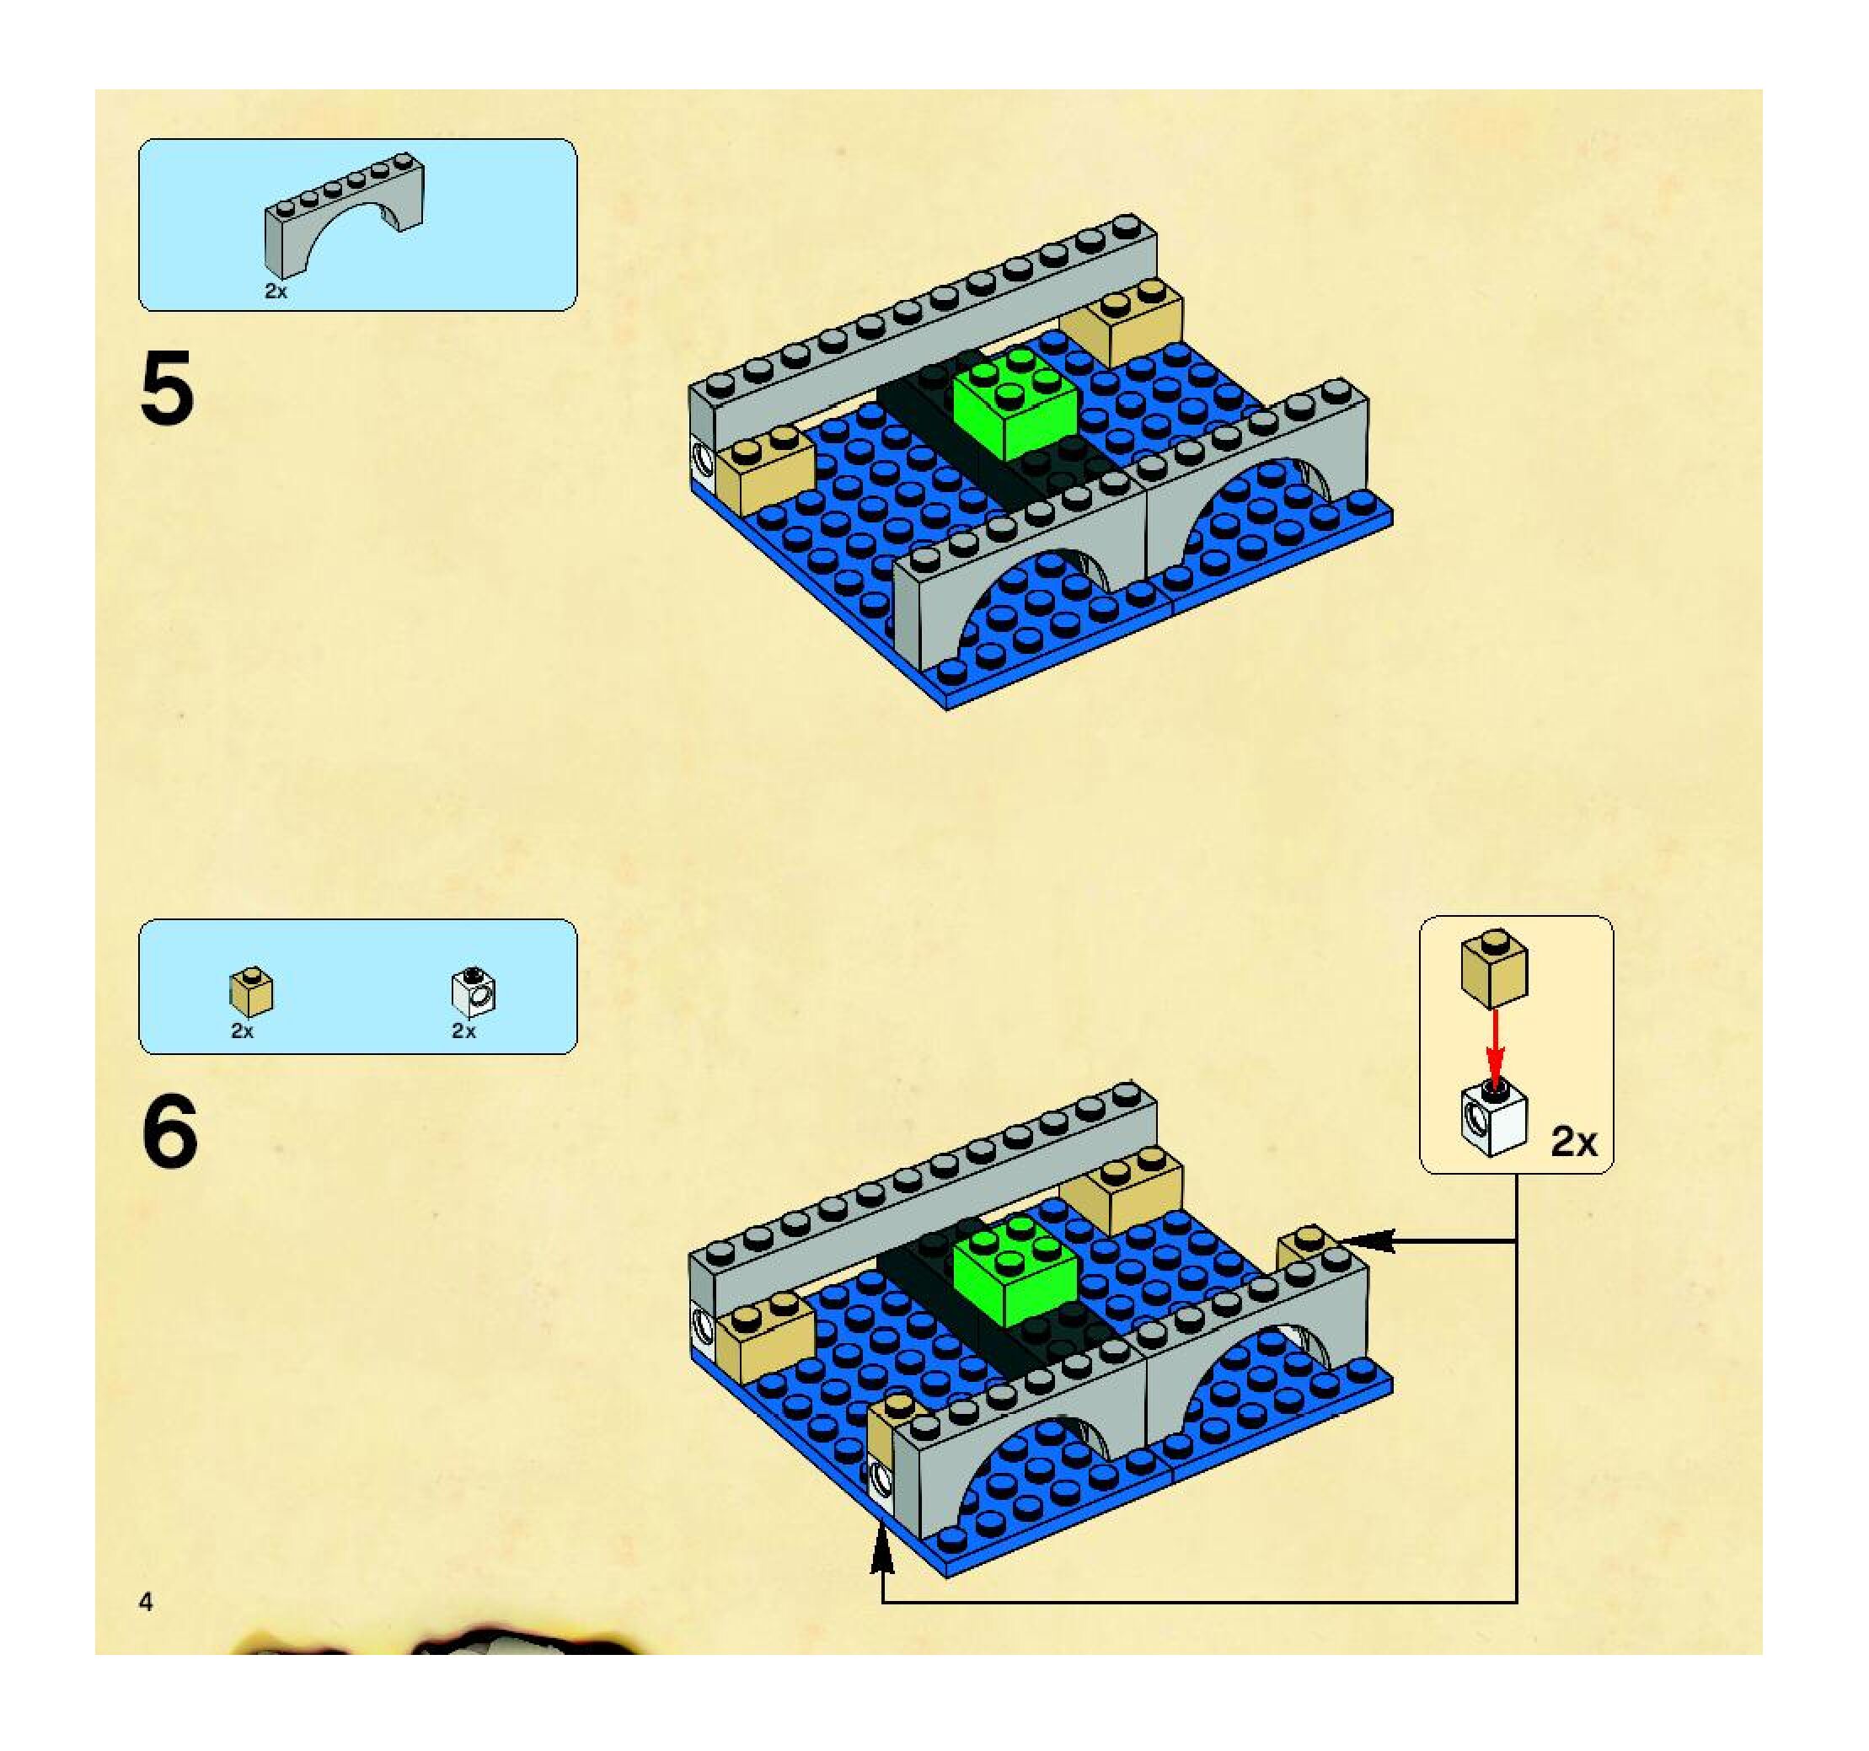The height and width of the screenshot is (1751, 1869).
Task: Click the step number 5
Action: [168, 388]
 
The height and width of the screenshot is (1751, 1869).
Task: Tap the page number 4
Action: [146, 1602]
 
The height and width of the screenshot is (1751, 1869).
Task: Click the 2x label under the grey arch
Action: [276, 292]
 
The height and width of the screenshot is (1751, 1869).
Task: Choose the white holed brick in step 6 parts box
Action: [474, 993]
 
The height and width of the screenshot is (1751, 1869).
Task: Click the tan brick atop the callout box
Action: [1494, 968]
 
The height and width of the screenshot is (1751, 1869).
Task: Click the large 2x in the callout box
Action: [1574, 1141]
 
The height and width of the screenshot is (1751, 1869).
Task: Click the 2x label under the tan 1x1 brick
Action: [243, 1031]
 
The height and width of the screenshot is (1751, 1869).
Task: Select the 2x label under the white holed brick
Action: [463, 1031]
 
